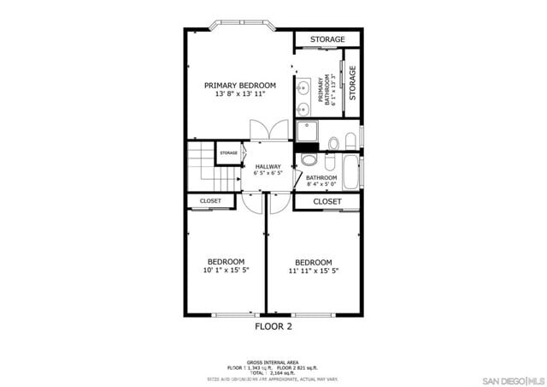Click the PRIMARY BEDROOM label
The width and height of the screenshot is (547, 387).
pos(239,86)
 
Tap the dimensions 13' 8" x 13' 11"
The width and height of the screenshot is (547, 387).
pos(239,94)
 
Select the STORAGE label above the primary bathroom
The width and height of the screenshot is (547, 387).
pos(327,39)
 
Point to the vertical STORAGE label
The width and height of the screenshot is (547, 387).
pos(352,82)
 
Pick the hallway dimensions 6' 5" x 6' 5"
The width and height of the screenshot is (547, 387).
pos(268,173)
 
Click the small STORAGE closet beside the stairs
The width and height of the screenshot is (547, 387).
pos(228,153)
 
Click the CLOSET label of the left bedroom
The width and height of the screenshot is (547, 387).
pos(210,201)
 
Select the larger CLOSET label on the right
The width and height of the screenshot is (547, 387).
pos(326,201)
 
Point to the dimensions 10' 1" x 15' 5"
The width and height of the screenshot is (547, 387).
pos(226,271)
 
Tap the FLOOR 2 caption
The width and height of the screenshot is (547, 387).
pos(273,326)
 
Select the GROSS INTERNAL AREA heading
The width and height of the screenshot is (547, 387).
pos(273,362)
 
